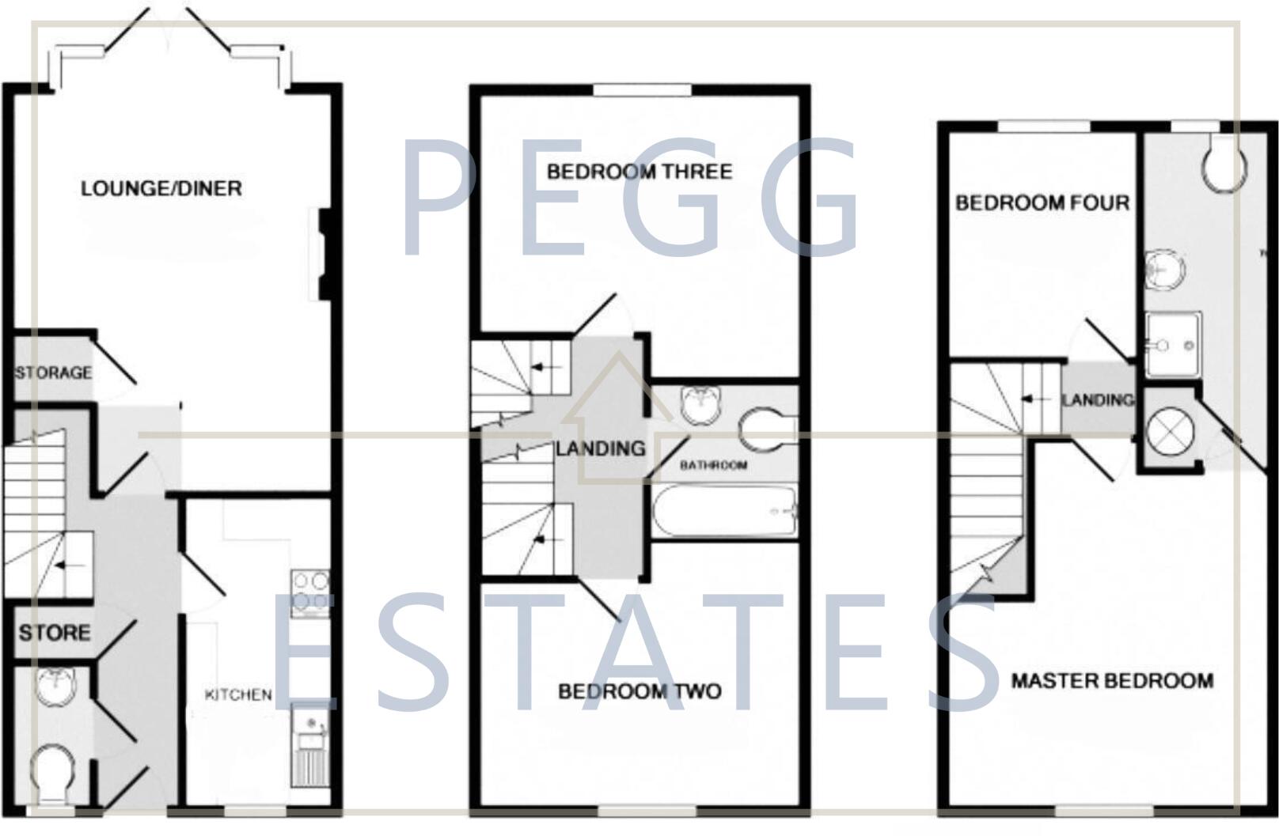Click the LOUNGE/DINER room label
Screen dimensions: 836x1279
click(x=161, y=188)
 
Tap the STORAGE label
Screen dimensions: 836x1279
click(x=54, y=373)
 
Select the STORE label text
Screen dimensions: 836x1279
click(x=55, y=633)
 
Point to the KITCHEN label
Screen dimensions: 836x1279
click(x=238, y=695)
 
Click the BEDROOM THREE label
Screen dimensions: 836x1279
click(x=639, y=172)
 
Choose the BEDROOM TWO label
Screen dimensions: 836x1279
click(x=639, y=692)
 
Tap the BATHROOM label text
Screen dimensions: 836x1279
click(x=713, y=465)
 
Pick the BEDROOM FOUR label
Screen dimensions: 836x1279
click(x=1042, y=203)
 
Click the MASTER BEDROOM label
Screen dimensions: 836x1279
click(x=1112, y=681)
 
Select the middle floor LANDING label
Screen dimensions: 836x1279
click(x=601, y=449)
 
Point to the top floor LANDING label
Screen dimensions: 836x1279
click(x=1097, y=400)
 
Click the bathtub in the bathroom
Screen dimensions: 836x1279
click(x=723, y=513)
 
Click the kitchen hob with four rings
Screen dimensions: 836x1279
click(x=310, y=593)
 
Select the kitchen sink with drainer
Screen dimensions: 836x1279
click(x=310, y=747)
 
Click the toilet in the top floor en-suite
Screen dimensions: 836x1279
click(x=1223, y=165)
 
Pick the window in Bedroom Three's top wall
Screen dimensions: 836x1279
click(x=642, y=90)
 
